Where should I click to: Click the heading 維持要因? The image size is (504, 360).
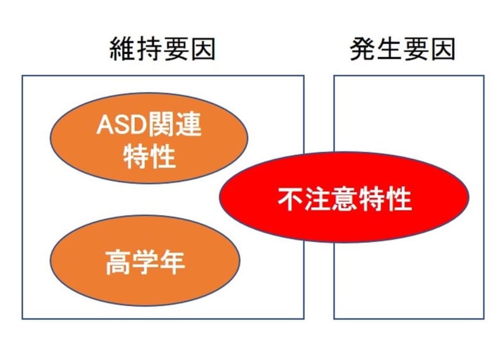click(x=163, y=49)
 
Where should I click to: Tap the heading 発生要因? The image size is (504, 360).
click(x=403, y=49)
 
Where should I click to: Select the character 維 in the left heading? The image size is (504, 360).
click(x=122, y=49)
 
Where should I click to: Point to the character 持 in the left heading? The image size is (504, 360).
click(x=149, y=49)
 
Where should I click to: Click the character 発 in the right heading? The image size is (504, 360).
click(x=363, y=49)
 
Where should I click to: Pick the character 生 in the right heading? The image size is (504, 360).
click(x=389, y=49)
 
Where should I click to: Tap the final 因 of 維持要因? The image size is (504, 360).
click(x=203, y=49)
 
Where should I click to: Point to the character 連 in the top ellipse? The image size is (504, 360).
click(x=188, y=124)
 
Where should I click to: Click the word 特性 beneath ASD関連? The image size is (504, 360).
click(x=149, y=157)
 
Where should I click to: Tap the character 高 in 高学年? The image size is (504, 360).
click(x=118, y=262)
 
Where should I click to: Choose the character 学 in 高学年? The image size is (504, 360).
click(x=145, y=262)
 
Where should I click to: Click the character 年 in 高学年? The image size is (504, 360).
click(x=172, y=262)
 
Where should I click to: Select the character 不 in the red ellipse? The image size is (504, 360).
click(x=290, y=199)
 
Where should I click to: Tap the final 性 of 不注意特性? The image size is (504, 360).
click(x=399, y=199)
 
